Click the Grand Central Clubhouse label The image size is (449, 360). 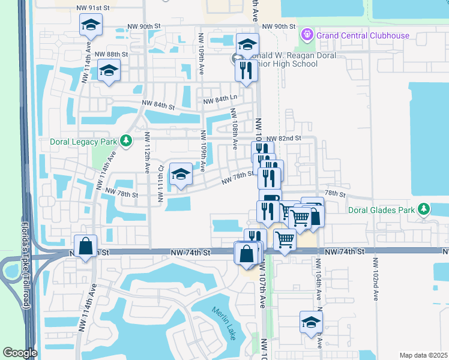click(x=363, y=35)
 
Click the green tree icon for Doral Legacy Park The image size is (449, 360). click(x=126, y=140)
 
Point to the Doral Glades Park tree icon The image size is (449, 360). click(x=424, y=209)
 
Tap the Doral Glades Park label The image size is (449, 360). click(x=382, y=210)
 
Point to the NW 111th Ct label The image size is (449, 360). click(x=160, y=182)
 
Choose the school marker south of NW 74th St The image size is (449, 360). click(x=311, y=322)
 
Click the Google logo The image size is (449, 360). click(x=20, y=353)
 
